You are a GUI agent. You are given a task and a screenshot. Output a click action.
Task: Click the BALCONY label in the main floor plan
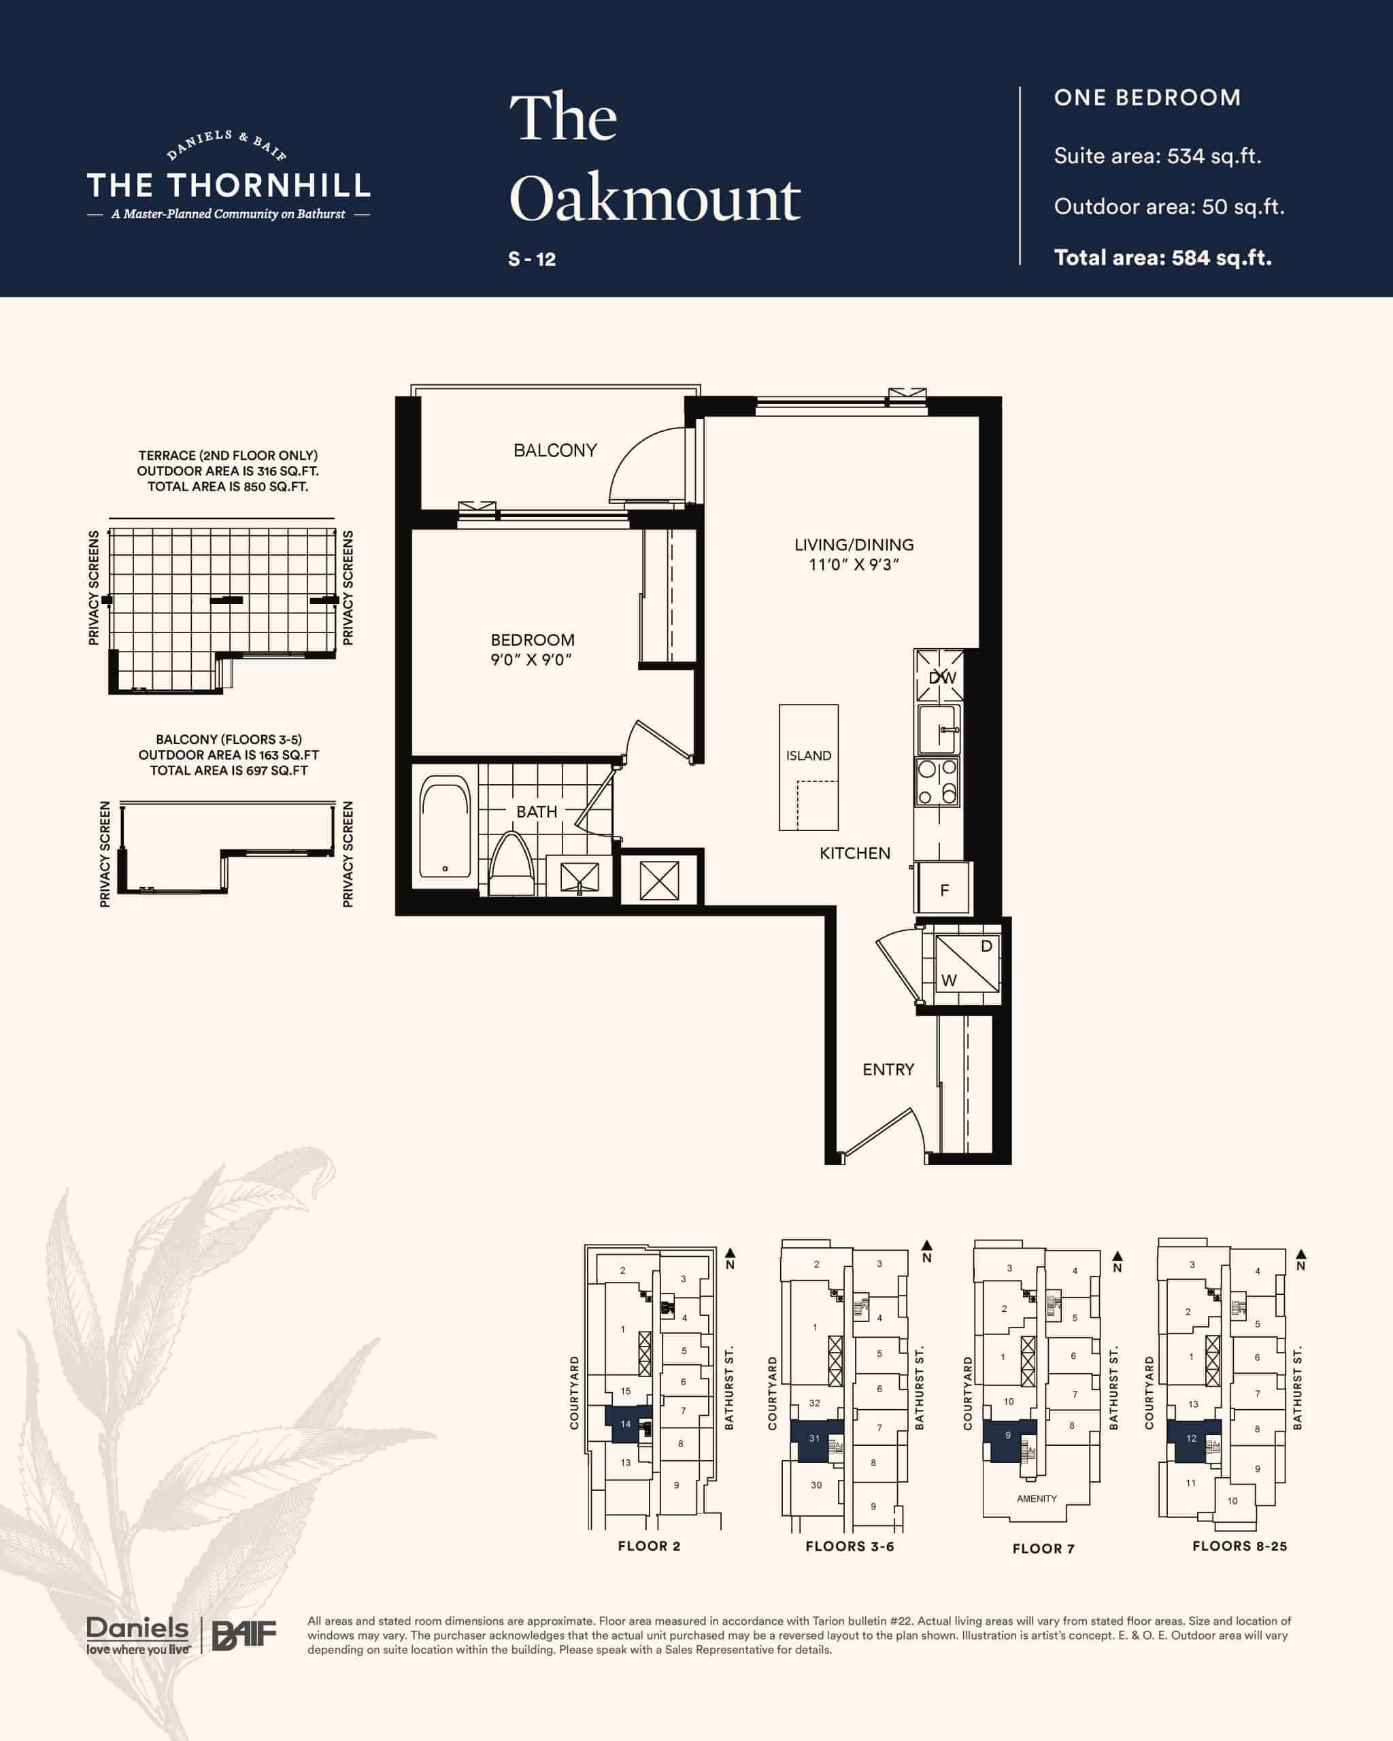click(555, 451)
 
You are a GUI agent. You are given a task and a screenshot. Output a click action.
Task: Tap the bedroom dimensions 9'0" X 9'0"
click(531, 660)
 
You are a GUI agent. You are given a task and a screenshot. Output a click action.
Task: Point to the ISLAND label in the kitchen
click(808, 756)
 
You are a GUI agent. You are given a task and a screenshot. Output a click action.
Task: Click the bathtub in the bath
click(445, 827)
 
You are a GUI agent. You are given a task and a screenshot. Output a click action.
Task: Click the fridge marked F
click(943, 888)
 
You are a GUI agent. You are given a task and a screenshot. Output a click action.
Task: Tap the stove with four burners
click(937, 781)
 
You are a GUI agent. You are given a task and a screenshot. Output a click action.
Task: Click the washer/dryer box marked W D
click(967, 964)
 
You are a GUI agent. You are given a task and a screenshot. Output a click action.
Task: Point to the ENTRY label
click(888, 1069)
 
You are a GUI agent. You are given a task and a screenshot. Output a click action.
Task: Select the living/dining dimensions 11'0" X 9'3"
click(854, 564)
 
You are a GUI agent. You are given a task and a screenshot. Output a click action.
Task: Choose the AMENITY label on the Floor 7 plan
click(1037, 1499)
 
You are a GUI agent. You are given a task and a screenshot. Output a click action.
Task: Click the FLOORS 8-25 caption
click(1239, 1546)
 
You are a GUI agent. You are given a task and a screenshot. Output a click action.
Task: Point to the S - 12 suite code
click(532, 259)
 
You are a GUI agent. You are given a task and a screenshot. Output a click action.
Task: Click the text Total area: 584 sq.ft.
click(1163, 258)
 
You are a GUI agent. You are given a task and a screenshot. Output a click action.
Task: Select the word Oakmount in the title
click(655, 198)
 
